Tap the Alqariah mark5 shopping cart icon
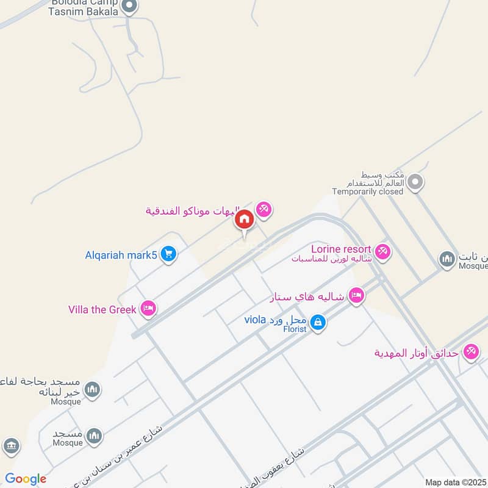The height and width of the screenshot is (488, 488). pyautogui.click(x=169, y=254)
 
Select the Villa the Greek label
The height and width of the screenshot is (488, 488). pyautogui.click(x=102, y=309)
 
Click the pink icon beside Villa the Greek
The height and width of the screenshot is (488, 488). pyautogui.click(x=148, y=309)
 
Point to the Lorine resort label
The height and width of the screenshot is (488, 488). pyautogui.click(x=341, y=249)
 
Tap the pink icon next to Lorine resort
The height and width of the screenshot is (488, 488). pyautogui.click(x=382, y=251)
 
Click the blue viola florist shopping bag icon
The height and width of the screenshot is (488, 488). pyautogui.click(x=317, y=322)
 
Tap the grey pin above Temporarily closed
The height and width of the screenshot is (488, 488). pyautogui.click(x=415, y=182)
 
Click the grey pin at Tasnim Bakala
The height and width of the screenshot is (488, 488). pyautogui.click(x=129, y=7)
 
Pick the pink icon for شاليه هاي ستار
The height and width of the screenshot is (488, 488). pyautogui.click(x=357, y=296)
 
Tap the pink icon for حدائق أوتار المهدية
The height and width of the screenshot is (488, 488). pyautogui.click(x=470, y=352)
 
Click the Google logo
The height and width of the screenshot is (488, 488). pyautogui.click(x=26, y=479)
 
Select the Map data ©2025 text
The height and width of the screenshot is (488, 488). pyautogui.click(x=456, y=482)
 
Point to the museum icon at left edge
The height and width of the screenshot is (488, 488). pyautogui.click(x=11, y=446)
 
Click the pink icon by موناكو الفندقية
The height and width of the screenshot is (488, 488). pyautogui.click(x=264, y=210)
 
